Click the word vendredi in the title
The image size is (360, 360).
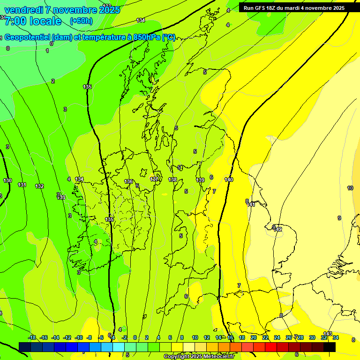tap(24, 10)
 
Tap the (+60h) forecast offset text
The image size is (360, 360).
tap(81, 21)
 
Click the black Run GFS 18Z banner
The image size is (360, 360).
tap(293, 8)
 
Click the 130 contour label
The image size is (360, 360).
tap(7, 180)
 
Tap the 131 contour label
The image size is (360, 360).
tap(22, 185)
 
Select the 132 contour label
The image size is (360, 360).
tap(39, 186)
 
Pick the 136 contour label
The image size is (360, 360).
tap(128, 181)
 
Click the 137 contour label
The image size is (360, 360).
tap(154, 179)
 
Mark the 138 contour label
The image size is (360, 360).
tap(172, 180)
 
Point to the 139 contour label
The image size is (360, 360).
tap(200, 180)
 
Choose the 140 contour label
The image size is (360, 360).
tap(229, 180)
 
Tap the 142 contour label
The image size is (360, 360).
tap(278, 229)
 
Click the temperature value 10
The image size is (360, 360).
tap(350, 188)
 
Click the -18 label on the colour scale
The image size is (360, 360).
tap(32, 337)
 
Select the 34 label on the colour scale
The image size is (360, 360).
tap(336, 337)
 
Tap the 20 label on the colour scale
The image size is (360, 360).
tap(253, 337)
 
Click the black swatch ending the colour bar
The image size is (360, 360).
tap(330, 347)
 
